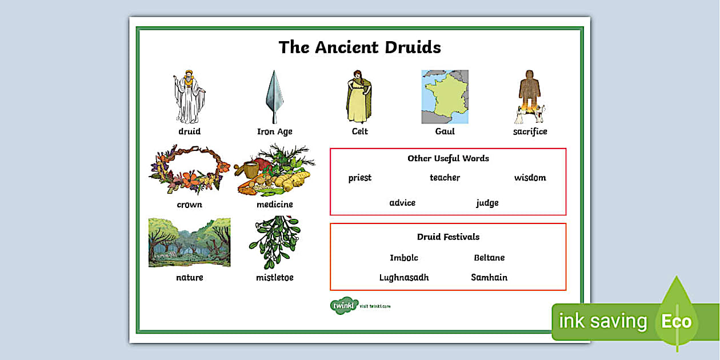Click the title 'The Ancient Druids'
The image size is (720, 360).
[359, 47]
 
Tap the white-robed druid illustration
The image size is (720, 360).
[189, 97]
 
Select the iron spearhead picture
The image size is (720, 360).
[274, 97]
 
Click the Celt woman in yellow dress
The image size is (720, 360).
[359, 97]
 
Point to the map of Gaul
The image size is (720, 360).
[445, 97]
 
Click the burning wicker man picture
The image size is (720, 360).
[529, 97]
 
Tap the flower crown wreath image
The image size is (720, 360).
[189, 169]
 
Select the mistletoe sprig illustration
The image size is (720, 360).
[274, 242]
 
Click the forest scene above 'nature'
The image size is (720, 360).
[189, 242]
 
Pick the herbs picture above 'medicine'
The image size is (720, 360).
[274, 170]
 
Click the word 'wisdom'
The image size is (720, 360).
[530, 178]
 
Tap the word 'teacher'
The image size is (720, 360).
[445, 178]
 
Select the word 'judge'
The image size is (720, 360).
[487, 203]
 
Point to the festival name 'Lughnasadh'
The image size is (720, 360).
[404, 278]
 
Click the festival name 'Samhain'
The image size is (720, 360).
[489, 278]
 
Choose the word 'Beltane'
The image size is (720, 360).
[489, 258]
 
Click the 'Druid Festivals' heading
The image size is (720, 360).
[448, 237]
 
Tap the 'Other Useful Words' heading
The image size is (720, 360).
[448, 158]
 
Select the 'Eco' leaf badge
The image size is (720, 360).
[677, 320]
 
